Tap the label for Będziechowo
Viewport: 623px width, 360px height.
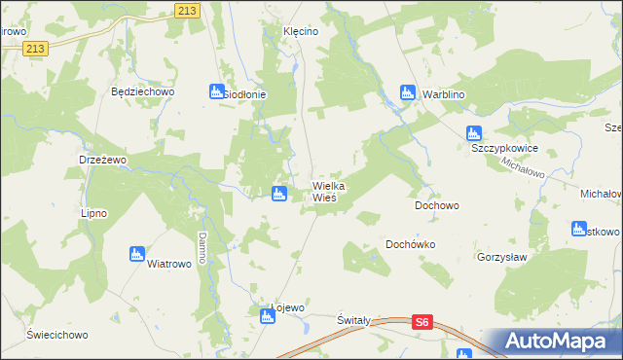pyautogui.click(x=142, y=92)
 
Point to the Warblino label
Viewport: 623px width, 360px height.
pyautogui.click(x=445, y=94)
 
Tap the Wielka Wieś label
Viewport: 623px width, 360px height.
pyautogui.click(x=329, y=191)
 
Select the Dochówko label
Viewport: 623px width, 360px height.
pyautogui.click(x=411, y=245)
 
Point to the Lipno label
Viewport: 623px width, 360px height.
pyautogui.click(x=93, y=213)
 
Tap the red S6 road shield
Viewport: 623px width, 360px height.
pyautogui.click(x=421, y=321)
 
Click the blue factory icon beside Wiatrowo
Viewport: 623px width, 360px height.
pyautogui.click(x=136, y=254)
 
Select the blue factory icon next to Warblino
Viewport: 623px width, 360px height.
pyautogui.click(x=408, y=93)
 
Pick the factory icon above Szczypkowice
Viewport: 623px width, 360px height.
pyautogui.click(x=474, y=133)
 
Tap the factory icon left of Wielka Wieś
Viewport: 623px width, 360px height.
pyautogui.click(x=279, y=194)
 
